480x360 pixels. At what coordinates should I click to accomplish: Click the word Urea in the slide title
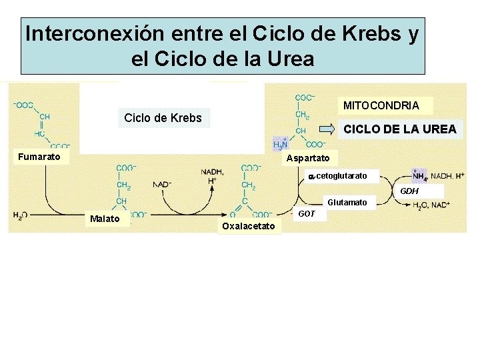(288, 59)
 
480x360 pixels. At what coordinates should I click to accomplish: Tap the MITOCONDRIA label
(381, 105)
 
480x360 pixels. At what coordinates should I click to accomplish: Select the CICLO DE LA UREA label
(399, 129)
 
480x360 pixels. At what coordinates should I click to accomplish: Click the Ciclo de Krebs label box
(163, 119)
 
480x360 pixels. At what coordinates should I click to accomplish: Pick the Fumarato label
(39, 157)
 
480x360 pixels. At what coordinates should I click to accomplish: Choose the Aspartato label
(307, 158)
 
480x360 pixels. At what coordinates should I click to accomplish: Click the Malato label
(105, 219)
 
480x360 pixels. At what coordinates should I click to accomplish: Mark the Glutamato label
(347, 202)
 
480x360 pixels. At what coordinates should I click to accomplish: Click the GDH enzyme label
(409, 191)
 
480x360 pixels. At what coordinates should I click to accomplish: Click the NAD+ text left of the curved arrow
(162, 184)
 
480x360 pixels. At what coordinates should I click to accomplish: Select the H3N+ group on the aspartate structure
(281, 144)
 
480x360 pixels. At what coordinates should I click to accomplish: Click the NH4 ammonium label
(419, 176)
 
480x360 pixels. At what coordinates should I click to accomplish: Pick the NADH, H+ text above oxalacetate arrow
(212, 176)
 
